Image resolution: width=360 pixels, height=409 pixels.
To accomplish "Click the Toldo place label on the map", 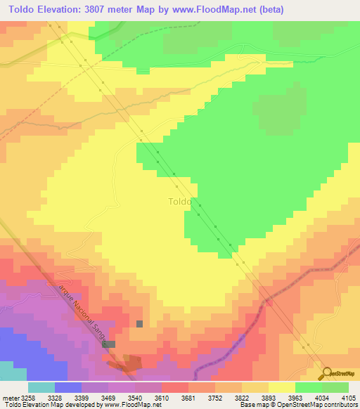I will pyautogui.click(x=180, y=202).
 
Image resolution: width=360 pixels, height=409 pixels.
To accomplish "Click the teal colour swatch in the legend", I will pyautogui.click(x=41, y=387).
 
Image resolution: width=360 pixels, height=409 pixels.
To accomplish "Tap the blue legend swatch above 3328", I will pyautogui.click(x=68, y=387).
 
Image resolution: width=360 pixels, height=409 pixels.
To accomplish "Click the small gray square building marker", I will pyautogui.click(x=139, y=323).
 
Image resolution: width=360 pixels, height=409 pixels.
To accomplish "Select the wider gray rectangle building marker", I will pyautogui.click(x=109, y=344).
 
